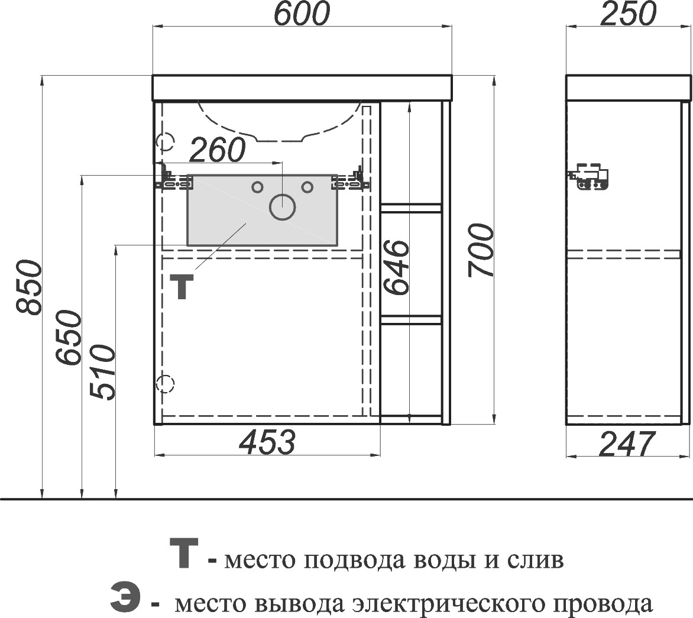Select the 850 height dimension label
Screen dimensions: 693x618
pyautogui.click(x=28, y=288)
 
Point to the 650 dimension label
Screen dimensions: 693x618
pyautogui.click(x=69, y=338)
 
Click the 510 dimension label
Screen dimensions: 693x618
pyautogui.click(x=102, y=372)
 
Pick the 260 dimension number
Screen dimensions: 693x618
pyautogui.click(x=217, y=150)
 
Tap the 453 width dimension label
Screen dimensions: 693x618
pyautogui.click(x=267, y=442)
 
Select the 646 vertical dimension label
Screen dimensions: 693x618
pyautogui.click(x=396, y=267)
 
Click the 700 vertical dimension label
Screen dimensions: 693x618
pyautogui.click(x=480, y=250)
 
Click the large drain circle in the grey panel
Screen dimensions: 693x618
pyautogui.click(x=283, y=207)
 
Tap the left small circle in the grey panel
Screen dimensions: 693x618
pyautogui.click(x=257, y=187)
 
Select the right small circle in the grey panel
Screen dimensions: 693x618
pyautogui.click(x=307, y=187)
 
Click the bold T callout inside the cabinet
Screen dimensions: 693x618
pyautogui.click(x=182, y=286)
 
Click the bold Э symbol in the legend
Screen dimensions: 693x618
pyautogui.click(x=125, y=597)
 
